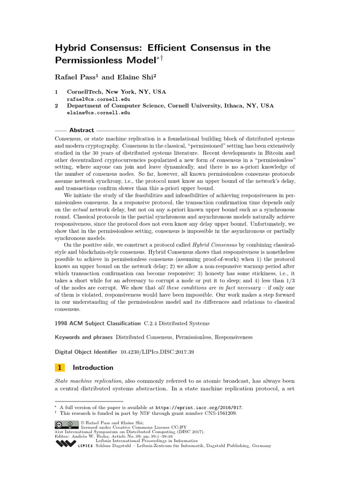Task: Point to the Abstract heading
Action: [x=82, y=130]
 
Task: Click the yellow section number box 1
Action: [x=60, y=368]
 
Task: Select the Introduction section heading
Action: [x=93, y=368]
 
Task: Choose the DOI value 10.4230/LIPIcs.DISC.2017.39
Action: [x=157, y=351]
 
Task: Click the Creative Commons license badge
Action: [x=67, y=425]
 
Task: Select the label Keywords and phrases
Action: [x=83, y=337]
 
